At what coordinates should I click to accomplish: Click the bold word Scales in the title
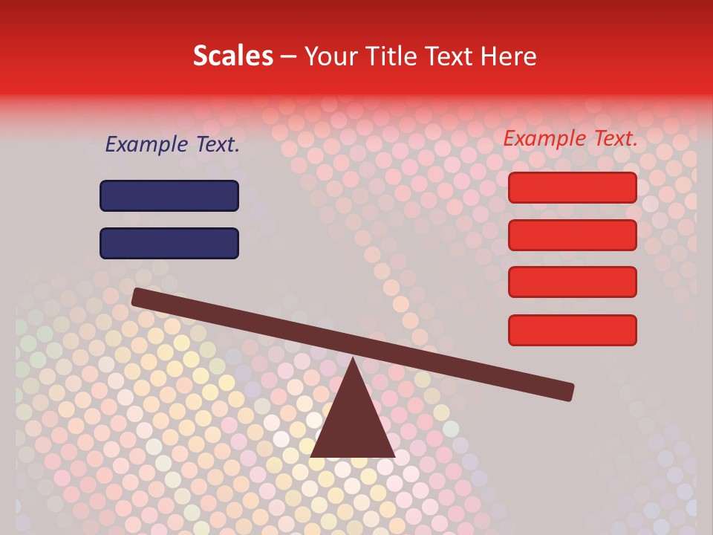pyautogui.click(x=232, y=56)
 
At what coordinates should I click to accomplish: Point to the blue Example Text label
pyautogui.click(x=172, y=145)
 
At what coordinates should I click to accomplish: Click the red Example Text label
pyautogui.click(x=570, y=138)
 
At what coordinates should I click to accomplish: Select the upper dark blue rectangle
pyautogui.click(x=169, y=195)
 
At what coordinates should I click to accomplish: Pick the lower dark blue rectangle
pyautogui.click(x=169, y=243)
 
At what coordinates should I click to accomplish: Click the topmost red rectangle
pyautogui.click(x=573, y=187)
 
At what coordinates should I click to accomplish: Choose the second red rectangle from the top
pyautogui.click(x=573, y=235)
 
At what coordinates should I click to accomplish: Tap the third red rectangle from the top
pyautogui.click(x=573, y=282)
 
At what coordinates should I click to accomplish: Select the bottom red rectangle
pyautogui.click(x=573, y=330)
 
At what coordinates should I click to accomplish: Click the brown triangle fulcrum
pyautogui.click(x=352, y=424)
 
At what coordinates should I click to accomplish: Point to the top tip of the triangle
pyautogui.click(x=352, y=360)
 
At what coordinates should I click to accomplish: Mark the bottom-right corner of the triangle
pyautogui.click(x=394, y=455)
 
